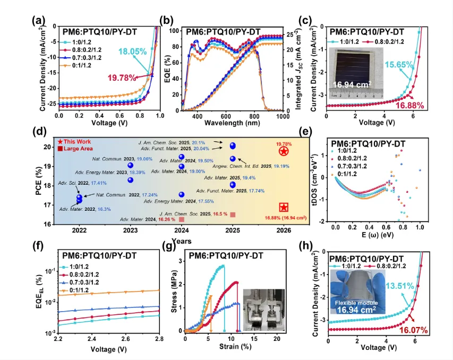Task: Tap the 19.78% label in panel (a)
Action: [122, 78]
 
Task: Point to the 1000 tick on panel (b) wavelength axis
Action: [283, 116]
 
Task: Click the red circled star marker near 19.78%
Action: [284, 152]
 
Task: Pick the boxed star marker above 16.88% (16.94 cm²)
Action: [284, 207]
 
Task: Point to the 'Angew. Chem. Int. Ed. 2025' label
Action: [270, 166]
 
